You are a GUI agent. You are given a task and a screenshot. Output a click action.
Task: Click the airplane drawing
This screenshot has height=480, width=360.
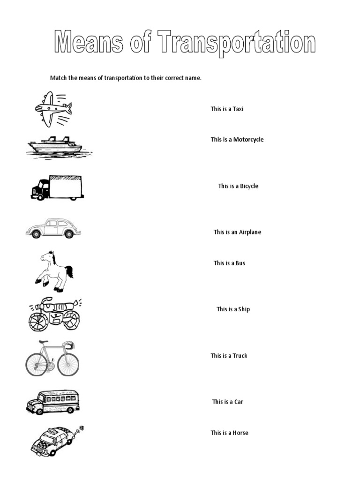(52, 109)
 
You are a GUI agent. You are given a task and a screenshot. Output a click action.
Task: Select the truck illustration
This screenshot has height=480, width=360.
(57, 187)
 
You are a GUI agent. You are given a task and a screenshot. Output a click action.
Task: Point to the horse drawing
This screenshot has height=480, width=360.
(54, 270)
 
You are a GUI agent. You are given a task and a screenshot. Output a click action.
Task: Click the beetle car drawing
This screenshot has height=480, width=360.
(53, 228)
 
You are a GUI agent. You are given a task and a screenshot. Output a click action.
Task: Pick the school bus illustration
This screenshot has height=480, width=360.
(53, 402)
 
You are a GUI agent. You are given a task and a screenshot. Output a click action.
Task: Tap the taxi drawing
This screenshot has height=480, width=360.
(52, 441)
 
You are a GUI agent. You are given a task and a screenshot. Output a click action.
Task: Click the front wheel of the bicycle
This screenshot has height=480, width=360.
(68, 364)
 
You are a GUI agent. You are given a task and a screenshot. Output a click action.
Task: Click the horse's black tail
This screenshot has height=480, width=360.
(69, 271)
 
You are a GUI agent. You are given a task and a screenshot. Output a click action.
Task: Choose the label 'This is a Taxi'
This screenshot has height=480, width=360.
(227, 109)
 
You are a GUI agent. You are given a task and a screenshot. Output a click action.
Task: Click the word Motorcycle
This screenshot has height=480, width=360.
(248, 140)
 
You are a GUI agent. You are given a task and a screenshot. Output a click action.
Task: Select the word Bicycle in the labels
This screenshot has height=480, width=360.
(249, 186)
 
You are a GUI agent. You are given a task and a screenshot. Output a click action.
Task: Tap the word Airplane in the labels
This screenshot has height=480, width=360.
(250, 232)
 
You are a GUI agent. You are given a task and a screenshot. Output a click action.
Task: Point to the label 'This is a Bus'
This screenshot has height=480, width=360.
(229, 263)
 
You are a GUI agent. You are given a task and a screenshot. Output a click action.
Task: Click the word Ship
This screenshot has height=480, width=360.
(244, 309)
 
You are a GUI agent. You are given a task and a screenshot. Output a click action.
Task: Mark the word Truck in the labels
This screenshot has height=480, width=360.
(240, 356)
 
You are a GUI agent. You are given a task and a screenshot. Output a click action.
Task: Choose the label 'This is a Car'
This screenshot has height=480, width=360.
(227, 402)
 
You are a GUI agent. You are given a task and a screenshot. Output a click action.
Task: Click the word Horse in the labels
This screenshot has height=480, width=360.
(240, 433)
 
